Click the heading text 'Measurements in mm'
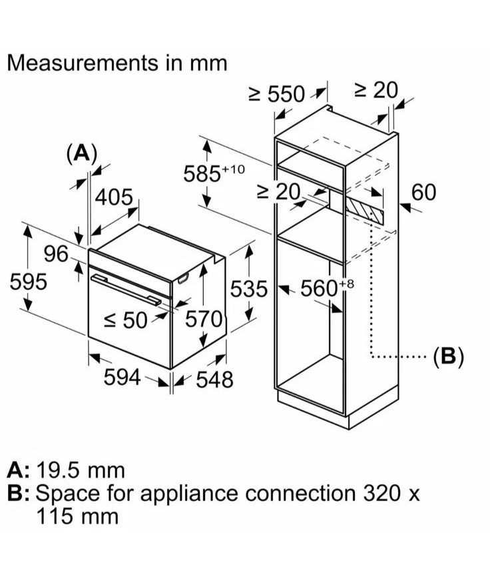point(117,63)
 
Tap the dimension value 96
point(57,255)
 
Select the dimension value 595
point(29,282)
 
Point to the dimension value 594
point(122,378)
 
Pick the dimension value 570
point(202,320)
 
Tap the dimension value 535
point(248,289)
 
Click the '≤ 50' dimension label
point(126,320)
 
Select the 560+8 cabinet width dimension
point(325,288)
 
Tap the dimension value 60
point(423,193)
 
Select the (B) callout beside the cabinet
point(447,356)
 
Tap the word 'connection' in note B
point(299,494)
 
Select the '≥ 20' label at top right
point(375,90)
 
